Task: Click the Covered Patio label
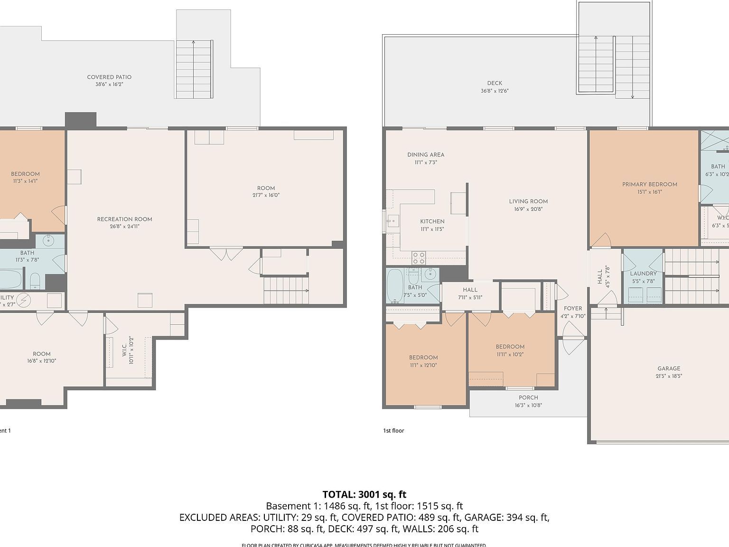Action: tap(109, 77)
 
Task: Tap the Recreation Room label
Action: tap(124, 219)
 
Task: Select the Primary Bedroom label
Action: tap(649, 184)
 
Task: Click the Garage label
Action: tap(668, 368)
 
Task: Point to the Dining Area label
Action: tap(425, 155)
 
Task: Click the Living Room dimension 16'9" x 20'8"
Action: tap(528, 209)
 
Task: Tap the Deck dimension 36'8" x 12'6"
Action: tap(494, 91)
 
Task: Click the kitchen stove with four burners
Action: tap(419, 258)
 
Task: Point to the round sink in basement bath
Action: tap(49, 241)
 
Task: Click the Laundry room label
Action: tap(643, 273)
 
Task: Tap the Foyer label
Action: tap(573, 309)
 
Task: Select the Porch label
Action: tap(528, 398)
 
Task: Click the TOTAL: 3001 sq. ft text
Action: tap(364, 494)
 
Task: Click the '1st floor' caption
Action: tap(393, 431)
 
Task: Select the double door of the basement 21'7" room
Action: tap(226, 254)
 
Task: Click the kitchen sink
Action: tap(393, 221)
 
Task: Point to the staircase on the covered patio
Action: tap(193, 69)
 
